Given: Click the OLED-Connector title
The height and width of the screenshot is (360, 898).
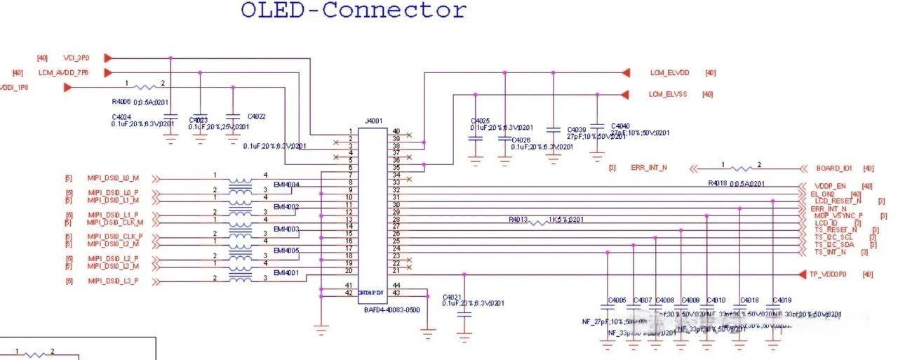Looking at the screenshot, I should [353, 11].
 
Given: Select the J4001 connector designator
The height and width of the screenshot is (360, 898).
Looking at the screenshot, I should [374, 121].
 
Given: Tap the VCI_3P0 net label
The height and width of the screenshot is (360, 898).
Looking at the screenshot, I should [77, 58].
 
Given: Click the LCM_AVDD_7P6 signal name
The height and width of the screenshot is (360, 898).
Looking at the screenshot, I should [64, 72].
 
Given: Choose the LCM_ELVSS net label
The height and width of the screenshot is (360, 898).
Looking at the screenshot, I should [669, 94].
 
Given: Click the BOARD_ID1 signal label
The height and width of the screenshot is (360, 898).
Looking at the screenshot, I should [834, 168].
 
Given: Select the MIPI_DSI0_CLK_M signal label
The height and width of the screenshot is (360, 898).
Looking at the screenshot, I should [115, 222].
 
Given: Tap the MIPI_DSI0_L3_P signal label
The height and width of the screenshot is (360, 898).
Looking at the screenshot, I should [113, 281].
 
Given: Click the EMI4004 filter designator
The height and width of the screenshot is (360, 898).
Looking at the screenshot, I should [286, 185].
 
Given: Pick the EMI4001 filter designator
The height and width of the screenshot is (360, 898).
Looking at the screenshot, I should [286, 272].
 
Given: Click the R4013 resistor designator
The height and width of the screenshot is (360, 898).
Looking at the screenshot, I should [518, 220].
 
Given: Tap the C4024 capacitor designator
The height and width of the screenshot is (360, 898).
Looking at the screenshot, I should [121, 116].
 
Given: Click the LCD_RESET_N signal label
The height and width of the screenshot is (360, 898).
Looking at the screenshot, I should [833, 201].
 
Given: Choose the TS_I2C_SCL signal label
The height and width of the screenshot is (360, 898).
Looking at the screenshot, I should [833, 237].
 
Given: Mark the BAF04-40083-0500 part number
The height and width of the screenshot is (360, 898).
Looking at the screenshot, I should [391, 309].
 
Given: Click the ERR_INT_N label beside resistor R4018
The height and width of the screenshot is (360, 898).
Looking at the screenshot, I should [649, 168].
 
